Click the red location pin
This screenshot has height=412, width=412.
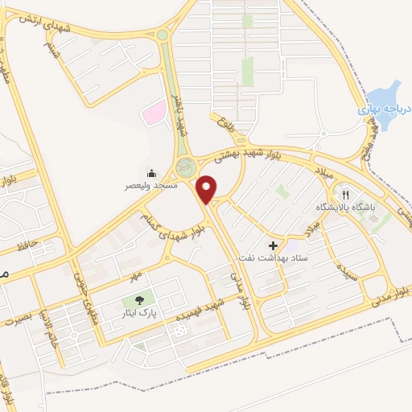click(x=208, y=188)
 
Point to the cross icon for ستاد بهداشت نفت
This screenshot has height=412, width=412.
click(x=273, y=245)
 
